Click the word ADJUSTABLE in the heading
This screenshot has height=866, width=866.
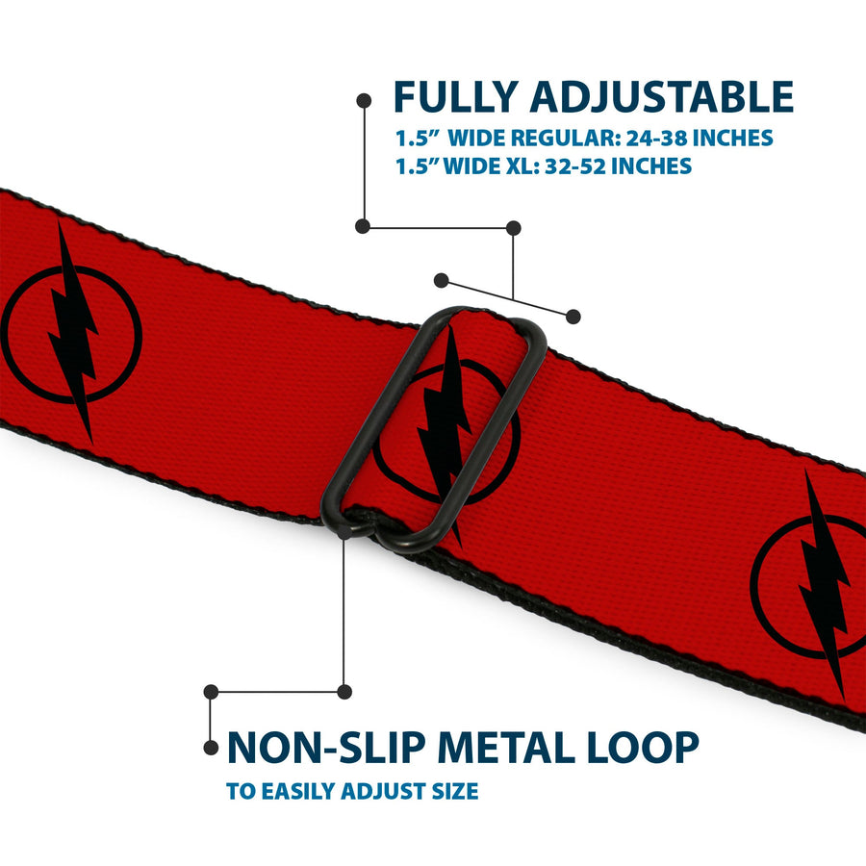(662, 97)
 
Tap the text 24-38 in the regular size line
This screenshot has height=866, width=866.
(656, 138)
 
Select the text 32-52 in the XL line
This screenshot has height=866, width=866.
(575, 166)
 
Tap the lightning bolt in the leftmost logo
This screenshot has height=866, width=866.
(73, 332)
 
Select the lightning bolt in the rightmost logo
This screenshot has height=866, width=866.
(825, 584)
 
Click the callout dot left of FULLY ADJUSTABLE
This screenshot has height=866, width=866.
(364, 100)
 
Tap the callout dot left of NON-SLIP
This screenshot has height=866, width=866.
(211, 748)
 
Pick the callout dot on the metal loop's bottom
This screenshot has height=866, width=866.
(344, 532)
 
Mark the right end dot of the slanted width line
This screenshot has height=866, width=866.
(573, 317)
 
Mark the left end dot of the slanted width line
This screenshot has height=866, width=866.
(441, 281)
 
